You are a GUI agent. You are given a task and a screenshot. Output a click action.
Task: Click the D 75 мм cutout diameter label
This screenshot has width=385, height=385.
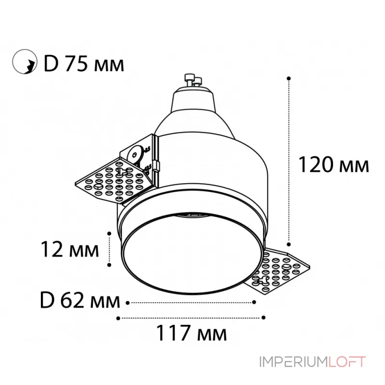(84, 64)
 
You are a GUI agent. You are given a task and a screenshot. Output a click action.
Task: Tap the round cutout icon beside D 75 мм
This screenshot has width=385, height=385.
(25, 62)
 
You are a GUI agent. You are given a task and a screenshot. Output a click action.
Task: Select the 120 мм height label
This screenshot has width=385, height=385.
(334, 165)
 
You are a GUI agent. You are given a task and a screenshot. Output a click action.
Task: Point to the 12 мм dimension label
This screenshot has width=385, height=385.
(70, 249)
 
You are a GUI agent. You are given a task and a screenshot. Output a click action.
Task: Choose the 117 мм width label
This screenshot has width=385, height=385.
(191, 333)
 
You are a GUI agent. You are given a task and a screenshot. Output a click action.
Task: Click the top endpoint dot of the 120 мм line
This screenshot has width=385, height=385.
(289, 78)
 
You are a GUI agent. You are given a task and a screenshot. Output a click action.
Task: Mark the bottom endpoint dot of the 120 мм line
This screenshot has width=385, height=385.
(289, 244)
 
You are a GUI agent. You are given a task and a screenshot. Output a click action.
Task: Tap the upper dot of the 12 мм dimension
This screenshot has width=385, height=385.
(109, 233)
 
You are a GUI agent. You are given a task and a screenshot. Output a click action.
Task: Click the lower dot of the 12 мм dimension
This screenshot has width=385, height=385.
(109, 265)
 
